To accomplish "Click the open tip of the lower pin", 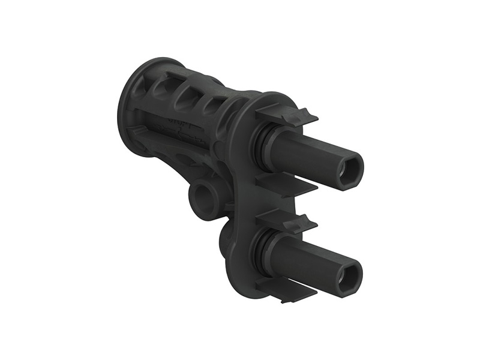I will point(349,276).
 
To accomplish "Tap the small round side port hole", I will point(202,197).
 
